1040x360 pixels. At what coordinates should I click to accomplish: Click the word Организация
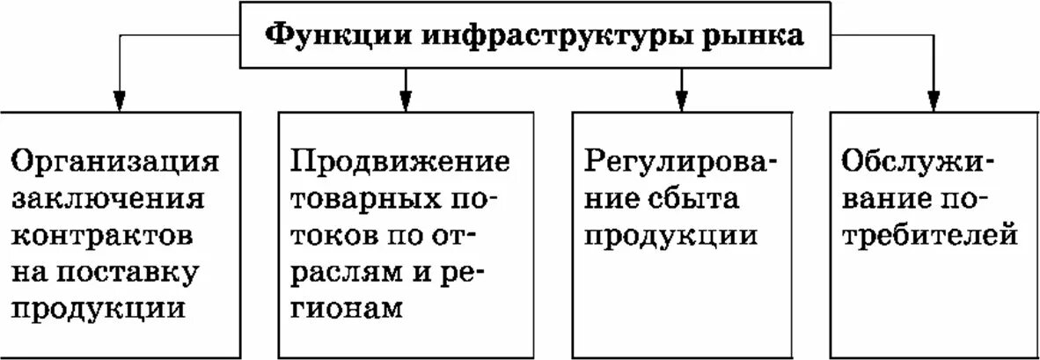pos(114,162)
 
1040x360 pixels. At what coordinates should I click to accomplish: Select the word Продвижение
pos(400,162)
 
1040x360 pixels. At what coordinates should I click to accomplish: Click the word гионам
pos(346,310)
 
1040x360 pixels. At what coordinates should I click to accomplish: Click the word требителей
pos(930,236)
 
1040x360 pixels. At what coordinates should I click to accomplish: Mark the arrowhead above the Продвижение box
pos(405,99)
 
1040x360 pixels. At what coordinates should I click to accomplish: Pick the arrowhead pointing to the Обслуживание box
pos(934,99)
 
